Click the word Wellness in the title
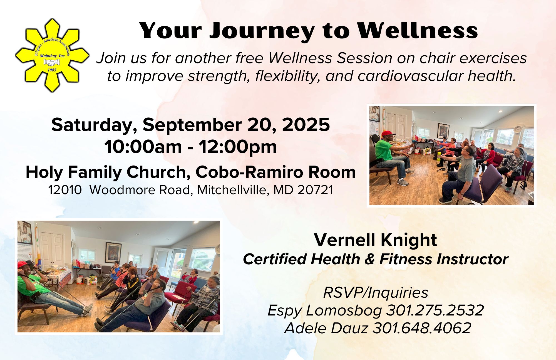418,31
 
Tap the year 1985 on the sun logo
52,70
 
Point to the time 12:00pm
238,147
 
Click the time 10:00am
143,147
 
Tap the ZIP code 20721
315,190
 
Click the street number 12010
65,190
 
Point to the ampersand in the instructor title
370,259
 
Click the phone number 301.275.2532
435,310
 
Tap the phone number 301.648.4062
422,328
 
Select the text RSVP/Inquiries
376,292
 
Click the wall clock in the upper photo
518,129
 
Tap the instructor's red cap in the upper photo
387,134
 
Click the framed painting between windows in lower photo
113,252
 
